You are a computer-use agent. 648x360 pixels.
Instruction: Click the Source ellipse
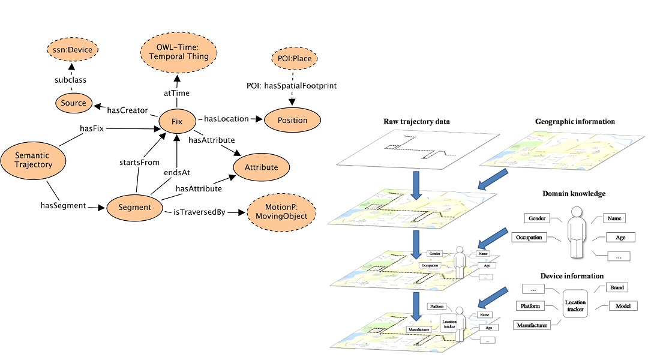(x=74, y=103)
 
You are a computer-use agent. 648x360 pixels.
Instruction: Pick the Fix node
(x=177, y=122)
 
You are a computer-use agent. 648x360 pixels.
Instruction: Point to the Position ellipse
(x=293, y=120)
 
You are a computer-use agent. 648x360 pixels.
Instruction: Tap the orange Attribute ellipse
(x=261, y=167)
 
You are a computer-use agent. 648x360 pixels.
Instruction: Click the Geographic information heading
(x=575, y=122)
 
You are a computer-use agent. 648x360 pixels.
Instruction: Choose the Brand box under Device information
(x=617, y=287)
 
